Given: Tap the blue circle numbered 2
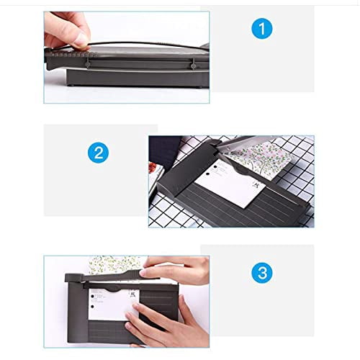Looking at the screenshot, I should tap(98, 153).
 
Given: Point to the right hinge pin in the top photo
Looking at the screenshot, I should tap(193, 64).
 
